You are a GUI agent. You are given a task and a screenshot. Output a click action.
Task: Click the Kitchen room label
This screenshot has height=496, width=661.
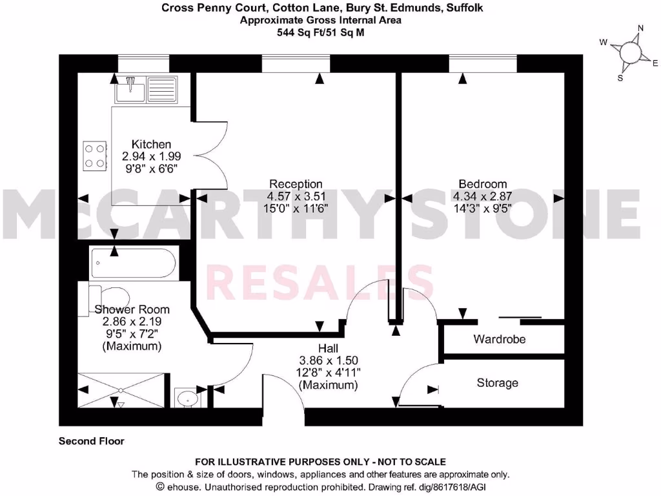[151, 144]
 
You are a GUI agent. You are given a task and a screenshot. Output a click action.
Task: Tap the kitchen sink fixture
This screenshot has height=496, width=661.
[140, 89]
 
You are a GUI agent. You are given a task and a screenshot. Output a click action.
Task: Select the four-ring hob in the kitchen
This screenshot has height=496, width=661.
[94, 155]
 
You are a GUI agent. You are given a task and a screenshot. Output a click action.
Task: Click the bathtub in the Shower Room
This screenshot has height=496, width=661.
[132, 263]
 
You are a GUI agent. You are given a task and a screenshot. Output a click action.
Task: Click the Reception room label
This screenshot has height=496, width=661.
[296, 184]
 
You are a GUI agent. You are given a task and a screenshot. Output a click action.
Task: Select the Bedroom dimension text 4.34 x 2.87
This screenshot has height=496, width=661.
[482, 196]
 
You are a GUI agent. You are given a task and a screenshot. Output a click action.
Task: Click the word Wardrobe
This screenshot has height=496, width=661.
[499, 339]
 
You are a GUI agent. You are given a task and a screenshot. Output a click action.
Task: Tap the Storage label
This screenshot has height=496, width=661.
[497, 383]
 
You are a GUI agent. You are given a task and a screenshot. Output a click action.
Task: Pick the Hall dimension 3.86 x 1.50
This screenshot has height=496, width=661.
[329, 360]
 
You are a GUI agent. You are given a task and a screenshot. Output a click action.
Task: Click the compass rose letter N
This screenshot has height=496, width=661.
[641, 28]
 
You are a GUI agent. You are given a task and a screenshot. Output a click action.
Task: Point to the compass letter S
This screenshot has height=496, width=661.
[620, 78]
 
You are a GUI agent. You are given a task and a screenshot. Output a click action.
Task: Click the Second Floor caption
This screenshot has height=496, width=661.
[91, 442]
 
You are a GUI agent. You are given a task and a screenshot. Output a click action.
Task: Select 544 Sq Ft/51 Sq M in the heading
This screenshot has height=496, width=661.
[320, 31]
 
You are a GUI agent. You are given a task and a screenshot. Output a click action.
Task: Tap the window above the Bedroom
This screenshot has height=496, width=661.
[483, 63]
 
